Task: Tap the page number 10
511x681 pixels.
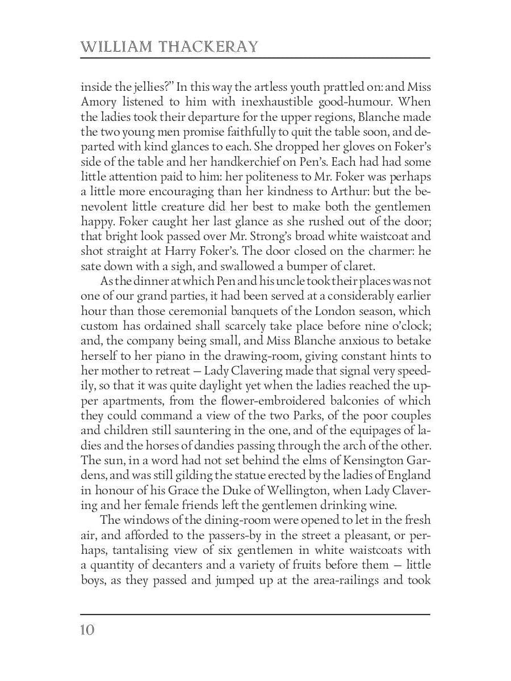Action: [87, 630]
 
